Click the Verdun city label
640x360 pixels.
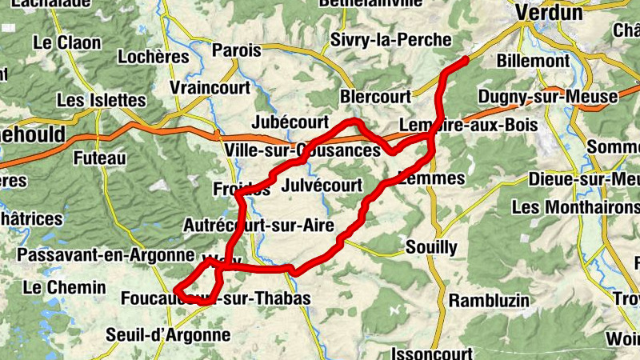[x=549, y=12]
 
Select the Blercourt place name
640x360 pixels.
[x=375, y=95]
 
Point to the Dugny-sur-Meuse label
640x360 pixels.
[x=548, y=97]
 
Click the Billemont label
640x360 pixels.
[x=533, y=61]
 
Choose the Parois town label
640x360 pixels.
[x=237, y=50]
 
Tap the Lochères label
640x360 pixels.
[x=154, y=57]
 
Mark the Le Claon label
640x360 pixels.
[x=67, y=42]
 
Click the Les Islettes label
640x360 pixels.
[x=102, y=100]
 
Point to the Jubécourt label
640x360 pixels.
[x=290, y=122]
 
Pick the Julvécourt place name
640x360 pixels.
[x=322, y=186]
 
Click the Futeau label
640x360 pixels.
[x=99, y=158]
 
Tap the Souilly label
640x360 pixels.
[x=432, y=246]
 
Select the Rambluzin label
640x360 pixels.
[x=490, y=301]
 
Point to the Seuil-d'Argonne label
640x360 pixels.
[x=168, y=335]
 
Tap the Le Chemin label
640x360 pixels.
[x=65, y=287]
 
